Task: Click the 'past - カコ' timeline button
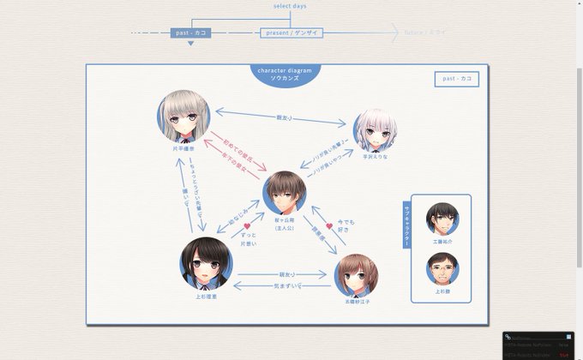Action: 190,33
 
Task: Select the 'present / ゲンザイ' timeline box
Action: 291,33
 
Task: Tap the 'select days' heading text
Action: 291,6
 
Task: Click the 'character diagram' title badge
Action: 285,74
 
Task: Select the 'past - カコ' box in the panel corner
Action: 456,79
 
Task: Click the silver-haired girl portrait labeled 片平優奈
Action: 183,116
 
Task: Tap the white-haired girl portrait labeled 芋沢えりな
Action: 376,129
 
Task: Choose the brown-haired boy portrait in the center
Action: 285,193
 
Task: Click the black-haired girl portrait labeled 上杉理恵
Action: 206,263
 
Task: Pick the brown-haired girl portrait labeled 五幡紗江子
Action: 357,274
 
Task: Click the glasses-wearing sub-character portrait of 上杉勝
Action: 442,268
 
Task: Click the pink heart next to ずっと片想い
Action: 247,227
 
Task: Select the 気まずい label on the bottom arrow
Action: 285,285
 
